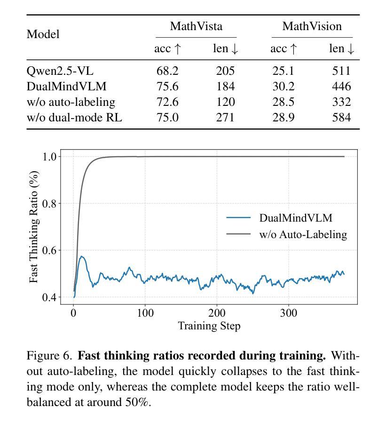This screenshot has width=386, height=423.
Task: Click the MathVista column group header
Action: click(196, 26)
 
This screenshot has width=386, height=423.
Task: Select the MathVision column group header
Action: click(312, 26)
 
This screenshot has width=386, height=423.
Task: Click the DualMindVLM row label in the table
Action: click(67, 87)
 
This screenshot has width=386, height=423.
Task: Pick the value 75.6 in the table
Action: click(167, 87)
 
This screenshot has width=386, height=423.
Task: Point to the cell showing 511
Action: click(341, 71)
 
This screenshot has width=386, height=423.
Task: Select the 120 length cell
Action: click(225, 102)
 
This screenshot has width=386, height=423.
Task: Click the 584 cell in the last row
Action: click(341, 118)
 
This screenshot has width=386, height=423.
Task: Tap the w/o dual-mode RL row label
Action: click(74, 118)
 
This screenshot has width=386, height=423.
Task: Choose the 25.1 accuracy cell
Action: click(284, 71)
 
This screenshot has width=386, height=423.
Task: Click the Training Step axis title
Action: click(209, 326)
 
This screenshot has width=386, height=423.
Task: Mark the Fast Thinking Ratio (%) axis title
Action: click(34, 227)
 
